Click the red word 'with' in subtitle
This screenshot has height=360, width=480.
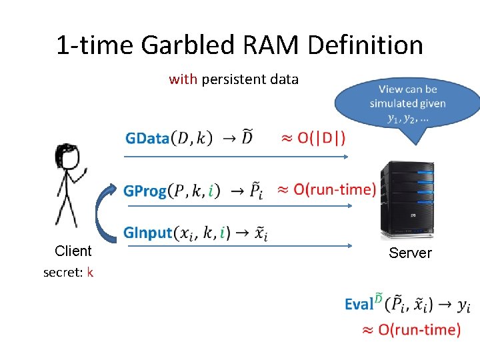click(x=183, y=79)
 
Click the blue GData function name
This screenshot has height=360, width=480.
click(x=147, y=138)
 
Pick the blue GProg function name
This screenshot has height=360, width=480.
click(x=145, y=191)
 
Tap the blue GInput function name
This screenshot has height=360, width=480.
click(x=147, y=233)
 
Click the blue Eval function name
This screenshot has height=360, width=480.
click(x=359, y=305)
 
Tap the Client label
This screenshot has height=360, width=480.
click(x=73, y=251)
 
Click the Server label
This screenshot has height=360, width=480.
click(x=410, y=253)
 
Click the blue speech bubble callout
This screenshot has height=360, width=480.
click(x=407, y=103)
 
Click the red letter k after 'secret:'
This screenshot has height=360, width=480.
click(x=90, y=272)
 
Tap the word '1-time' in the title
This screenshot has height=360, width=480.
click(x=94, y=45)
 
